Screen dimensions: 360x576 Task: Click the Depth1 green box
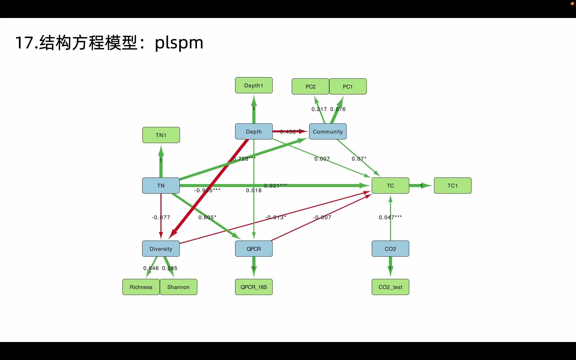(254, 85)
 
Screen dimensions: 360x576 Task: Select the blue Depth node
(254, 132)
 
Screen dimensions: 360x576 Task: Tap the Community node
(328, 132)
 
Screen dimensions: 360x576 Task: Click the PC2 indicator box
(310, 87)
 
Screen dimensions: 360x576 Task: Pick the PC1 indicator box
(348, 87)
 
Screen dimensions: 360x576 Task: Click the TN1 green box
(161, 135)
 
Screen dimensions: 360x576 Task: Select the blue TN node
(161, 186)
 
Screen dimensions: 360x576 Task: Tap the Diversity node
(161, 249)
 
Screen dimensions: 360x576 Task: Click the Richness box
(141, 287)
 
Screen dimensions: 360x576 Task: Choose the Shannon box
(178, 287)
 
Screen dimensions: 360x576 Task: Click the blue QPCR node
(254, 249)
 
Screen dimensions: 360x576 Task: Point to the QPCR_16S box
(254, 287)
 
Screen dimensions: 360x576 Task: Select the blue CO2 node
(390, 249)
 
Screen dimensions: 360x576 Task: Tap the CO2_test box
(390, 287)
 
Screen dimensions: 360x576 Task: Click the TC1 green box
(452, 186)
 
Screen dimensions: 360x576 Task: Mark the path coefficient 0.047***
(390, 217)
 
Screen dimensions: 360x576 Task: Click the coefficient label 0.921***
(275, 186)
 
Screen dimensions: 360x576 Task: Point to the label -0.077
(161, 217)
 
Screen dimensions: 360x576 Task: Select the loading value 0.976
(338, 109)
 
